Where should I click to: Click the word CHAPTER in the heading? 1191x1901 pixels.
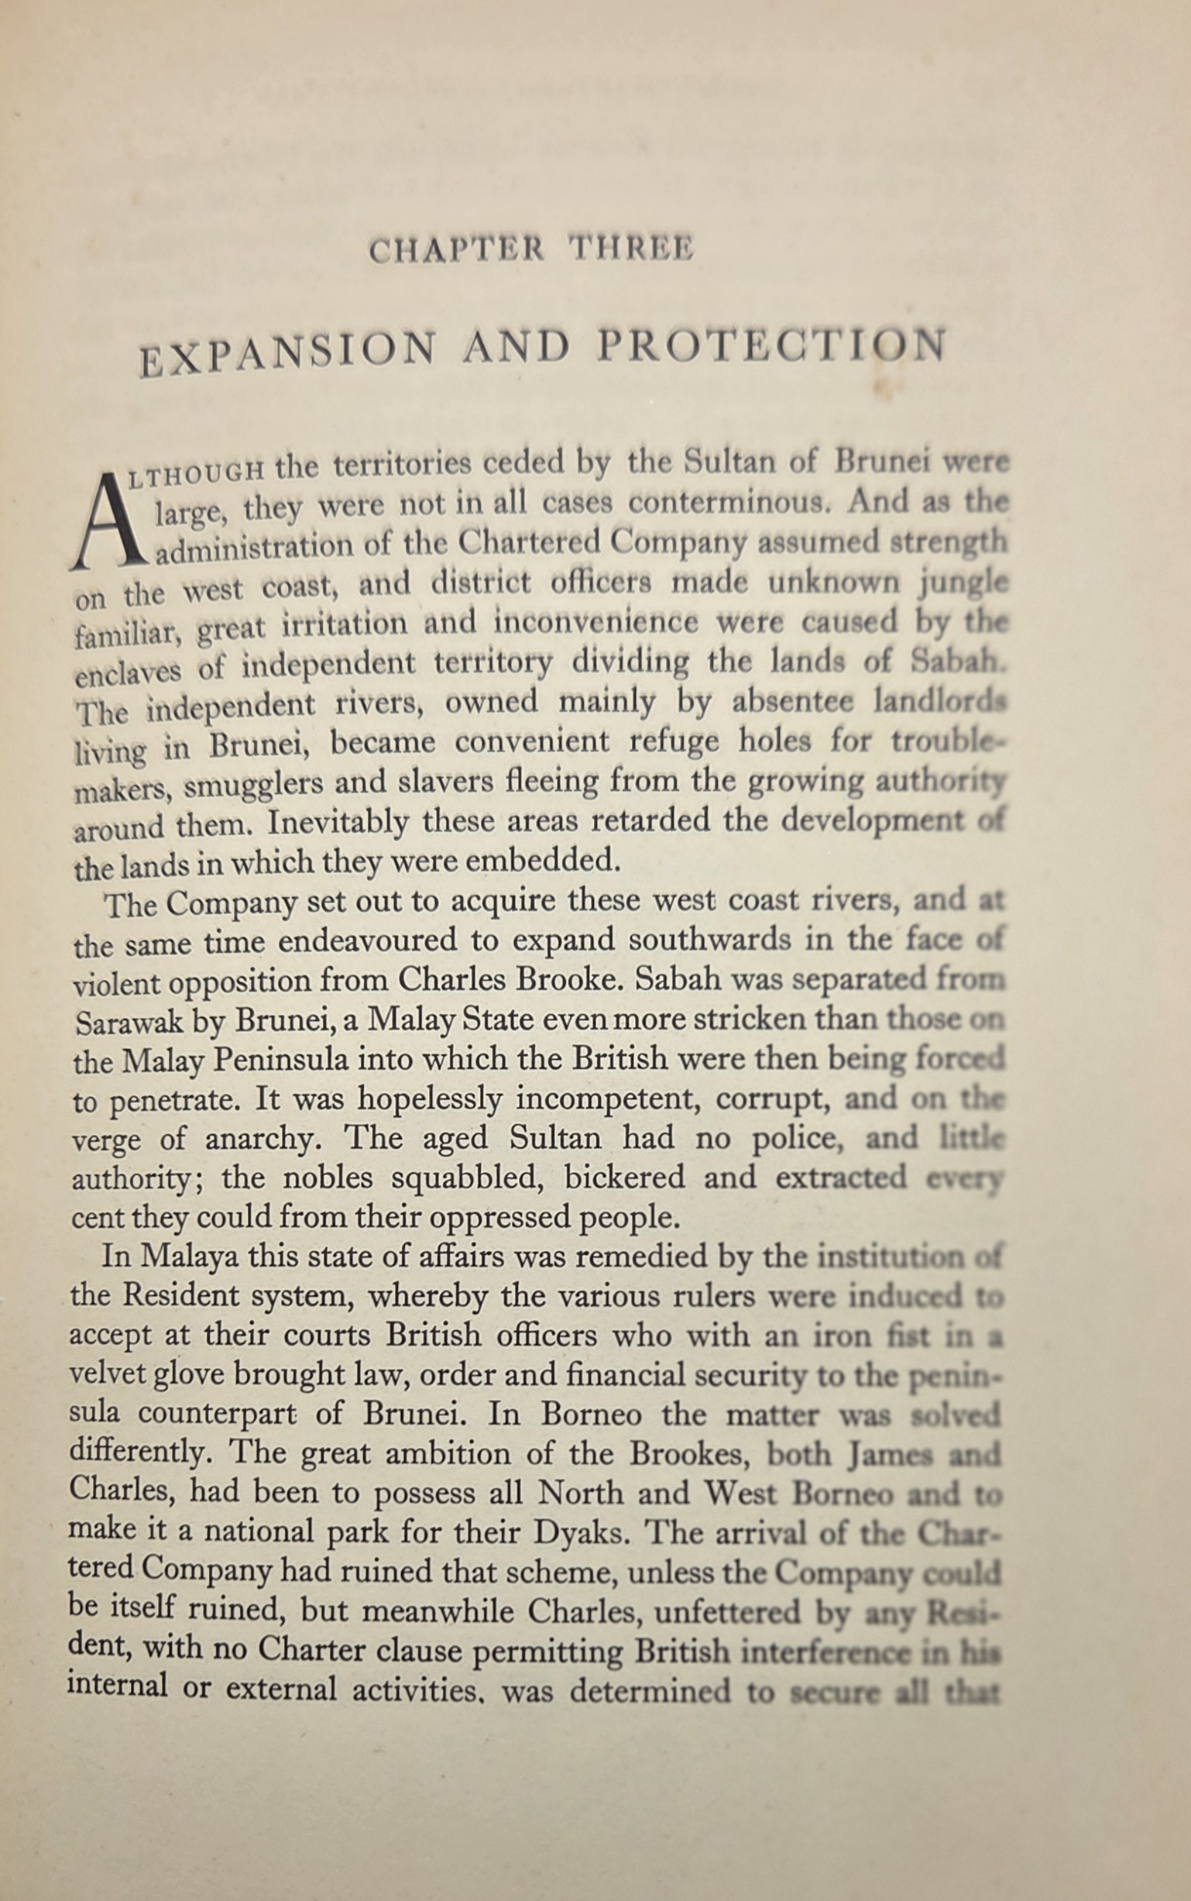pos(456,250)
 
